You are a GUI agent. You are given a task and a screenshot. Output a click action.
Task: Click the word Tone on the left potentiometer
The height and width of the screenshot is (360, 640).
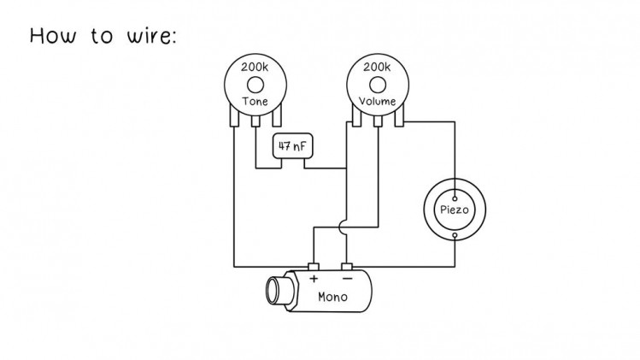point(255,101)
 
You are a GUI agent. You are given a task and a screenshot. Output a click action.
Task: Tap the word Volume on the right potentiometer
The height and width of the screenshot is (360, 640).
point(378,101)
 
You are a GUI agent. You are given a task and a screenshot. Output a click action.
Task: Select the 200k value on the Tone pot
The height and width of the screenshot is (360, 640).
point(255,67)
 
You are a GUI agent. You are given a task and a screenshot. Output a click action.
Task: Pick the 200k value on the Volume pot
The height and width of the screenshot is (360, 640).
point(377,67)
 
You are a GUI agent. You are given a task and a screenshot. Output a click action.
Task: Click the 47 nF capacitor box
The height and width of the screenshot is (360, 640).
point(292,146)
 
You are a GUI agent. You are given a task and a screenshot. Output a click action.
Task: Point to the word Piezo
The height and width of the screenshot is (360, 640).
point(455,210)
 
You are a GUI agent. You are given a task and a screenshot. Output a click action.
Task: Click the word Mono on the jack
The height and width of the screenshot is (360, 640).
point(332,297)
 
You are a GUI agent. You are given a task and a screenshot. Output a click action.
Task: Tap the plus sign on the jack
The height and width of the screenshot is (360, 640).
point(314,279)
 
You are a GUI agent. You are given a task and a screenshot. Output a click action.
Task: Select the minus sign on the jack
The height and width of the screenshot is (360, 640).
point(348,279)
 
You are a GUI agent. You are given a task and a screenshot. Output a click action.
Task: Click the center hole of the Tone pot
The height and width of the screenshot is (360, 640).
point(255,86)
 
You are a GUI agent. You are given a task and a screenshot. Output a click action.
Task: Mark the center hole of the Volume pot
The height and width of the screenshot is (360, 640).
point(378,86)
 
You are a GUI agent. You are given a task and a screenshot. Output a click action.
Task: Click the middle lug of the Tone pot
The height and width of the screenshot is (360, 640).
point(255,121)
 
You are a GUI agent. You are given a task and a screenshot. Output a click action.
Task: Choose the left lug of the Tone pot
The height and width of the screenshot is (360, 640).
point(234,115)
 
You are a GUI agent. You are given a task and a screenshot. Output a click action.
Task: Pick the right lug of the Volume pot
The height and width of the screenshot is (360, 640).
point(399,115)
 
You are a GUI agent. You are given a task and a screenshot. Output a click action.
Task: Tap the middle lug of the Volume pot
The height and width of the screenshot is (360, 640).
point(378,121)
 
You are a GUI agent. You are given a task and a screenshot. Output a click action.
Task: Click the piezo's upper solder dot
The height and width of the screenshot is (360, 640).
point(455,199)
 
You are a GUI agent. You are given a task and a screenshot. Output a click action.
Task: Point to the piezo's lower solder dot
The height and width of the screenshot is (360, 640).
point(455,235)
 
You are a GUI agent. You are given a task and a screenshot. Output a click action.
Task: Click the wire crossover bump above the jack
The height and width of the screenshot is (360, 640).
point(342,227)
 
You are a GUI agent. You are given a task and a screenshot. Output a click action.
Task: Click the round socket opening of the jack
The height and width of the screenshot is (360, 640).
point(272,291)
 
